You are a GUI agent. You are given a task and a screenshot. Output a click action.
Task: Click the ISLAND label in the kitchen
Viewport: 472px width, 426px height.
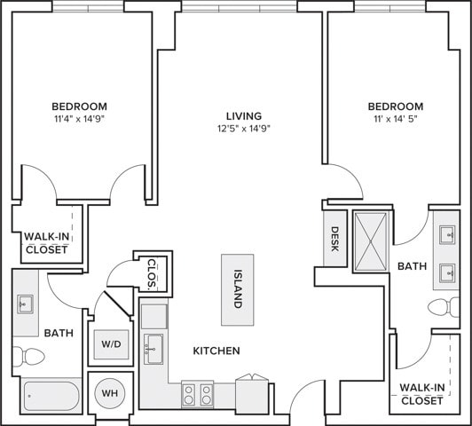[238, 288]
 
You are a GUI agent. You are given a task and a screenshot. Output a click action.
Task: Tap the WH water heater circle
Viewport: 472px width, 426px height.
[110, 393]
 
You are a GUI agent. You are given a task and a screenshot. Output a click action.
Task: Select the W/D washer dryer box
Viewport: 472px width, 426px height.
[111, 344]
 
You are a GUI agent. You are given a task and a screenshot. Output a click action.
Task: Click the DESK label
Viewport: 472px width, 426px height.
[334, 239]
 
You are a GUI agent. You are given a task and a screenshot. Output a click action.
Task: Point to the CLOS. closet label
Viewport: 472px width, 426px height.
[153, 274]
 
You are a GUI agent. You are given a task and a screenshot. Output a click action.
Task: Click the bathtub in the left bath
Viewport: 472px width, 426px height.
[51, 396]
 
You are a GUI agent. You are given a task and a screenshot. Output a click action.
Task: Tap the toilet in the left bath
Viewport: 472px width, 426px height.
[28, 357]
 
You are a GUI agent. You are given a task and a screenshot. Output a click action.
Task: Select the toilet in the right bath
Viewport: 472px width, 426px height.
[444, 307]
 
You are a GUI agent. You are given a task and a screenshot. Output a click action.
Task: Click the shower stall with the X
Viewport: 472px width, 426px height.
[371, 241]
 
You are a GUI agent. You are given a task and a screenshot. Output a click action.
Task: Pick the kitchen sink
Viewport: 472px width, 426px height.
[153, 349]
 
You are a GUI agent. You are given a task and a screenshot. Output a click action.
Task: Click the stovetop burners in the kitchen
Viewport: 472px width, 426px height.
[198, 394]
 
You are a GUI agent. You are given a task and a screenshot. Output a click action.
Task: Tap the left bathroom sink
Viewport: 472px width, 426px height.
[25, 304]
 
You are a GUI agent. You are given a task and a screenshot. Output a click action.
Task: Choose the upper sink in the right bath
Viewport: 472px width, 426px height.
[447, 235]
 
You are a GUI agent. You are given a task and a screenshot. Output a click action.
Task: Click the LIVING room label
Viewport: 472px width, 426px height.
[244, 116]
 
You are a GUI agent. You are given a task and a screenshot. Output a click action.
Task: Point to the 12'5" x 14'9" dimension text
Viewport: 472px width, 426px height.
[244, 129]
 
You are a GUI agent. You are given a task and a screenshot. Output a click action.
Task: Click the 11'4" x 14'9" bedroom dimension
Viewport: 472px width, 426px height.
[79, 119]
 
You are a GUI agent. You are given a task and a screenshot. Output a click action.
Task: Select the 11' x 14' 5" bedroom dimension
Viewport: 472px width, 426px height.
[396, 119]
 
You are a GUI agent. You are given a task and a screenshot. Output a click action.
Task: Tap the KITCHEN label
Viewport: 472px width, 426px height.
[216, 351]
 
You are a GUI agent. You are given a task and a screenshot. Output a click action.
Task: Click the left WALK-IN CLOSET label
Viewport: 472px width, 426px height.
[47, 243]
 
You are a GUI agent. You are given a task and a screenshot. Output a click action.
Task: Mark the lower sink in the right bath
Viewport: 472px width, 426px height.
[447, 273]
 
